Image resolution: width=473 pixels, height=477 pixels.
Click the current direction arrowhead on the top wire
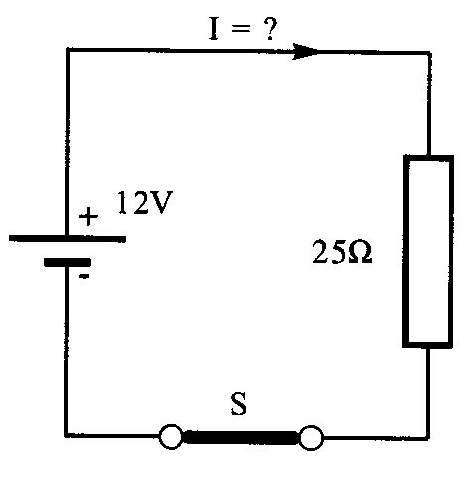click(305, 52)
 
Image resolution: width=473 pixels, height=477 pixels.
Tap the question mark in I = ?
click(270, 29)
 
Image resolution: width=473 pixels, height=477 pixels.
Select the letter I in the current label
click(214, 29)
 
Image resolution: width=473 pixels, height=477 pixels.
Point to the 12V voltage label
click(145, 202)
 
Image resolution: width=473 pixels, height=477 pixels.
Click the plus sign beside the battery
click(88, 216)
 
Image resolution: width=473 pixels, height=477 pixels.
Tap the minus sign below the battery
click(85, 276)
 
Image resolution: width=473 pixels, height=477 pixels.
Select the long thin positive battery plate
click(67, 239)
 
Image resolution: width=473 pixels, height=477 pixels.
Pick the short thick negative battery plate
click(67, 262)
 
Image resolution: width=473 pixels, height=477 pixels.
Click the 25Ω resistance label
click(342, 252)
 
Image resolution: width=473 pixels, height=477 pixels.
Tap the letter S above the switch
click(238, 404)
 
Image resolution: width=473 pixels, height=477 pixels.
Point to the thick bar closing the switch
click(241, 437)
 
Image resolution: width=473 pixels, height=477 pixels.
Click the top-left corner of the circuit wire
click(67, 50)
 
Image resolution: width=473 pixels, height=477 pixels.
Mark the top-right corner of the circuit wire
click(429, 53)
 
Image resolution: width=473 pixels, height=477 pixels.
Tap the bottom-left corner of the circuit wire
click(67, 435)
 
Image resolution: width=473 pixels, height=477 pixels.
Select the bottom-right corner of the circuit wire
click(428, 438)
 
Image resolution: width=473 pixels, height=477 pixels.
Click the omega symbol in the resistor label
click(360, 252)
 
